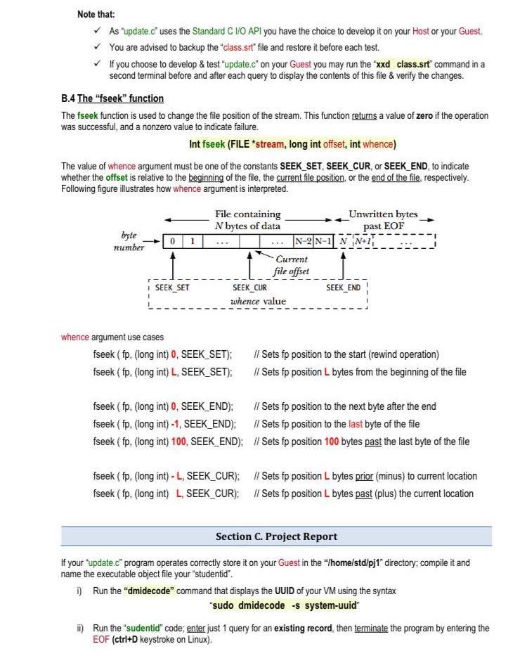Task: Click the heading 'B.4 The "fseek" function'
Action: tap(112, 98)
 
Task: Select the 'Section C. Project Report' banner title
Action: tap(276, 536)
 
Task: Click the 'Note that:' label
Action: tap(96, 14)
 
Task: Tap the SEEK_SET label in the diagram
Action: tap(173, 288)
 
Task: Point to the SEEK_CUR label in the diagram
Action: tap(249, 288)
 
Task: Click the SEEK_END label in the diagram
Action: tap(343, 288)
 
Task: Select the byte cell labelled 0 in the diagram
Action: tap(173, 241)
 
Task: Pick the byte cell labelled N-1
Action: tap(323, 241)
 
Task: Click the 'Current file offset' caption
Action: tap(291, 265)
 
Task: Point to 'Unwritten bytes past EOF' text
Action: tap(383, 219)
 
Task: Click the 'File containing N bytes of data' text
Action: tap(247, 219)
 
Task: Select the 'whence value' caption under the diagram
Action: tap(258, 302)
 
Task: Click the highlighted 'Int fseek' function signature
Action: tap(293, 144)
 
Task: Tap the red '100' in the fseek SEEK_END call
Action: tap(179, 442)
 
